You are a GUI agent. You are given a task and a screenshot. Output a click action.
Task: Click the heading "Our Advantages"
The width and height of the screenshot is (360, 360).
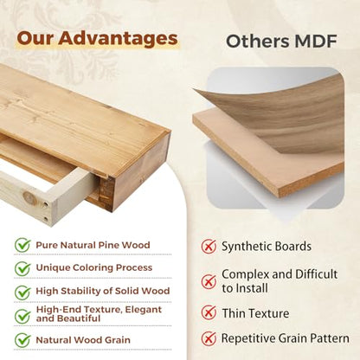coord(97,39)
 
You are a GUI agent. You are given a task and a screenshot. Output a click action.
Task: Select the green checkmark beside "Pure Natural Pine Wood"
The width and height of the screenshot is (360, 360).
coord(22,245)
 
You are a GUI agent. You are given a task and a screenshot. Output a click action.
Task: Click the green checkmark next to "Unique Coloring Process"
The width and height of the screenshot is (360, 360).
coord(22,268)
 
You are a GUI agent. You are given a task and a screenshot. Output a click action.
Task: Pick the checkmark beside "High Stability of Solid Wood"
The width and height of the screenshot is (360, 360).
coord(22,292)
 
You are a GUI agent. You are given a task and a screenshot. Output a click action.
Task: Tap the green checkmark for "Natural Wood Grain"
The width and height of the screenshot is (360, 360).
coord(22,340)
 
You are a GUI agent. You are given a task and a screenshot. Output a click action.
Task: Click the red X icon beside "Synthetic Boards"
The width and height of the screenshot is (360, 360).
coord(209,246)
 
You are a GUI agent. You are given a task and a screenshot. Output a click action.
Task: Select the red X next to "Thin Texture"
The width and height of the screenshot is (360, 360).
coord(209,312)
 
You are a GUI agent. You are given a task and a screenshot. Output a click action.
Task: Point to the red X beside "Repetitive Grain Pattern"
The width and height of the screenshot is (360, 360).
coord(209,338)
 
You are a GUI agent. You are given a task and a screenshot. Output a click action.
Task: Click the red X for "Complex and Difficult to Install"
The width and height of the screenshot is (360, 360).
coord(209,281)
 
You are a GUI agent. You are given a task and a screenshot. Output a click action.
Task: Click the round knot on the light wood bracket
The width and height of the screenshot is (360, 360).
coord(29,198)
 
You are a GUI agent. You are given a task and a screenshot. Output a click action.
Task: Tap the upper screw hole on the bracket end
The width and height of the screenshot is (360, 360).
coord(46,205)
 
